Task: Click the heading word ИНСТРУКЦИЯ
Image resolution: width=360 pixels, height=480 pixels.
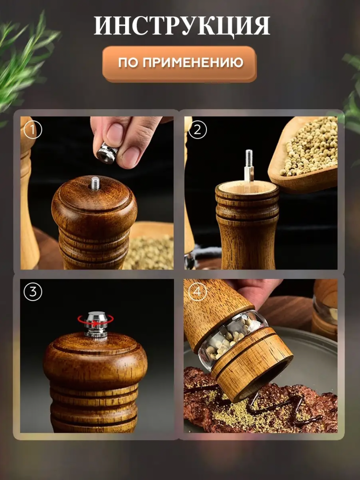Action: point(182,25)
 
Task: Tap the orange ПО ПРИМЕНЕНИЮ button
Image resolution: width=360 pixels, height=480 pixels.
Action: point(179,64)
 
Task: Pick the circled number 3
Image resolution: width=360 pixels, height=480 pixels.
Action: point(33,292)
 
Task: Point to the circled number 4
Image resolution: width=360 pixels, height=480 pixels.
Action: point(198,292)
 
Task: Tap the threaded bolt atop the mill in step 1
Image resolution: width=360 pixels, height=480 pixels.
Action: point(95,184)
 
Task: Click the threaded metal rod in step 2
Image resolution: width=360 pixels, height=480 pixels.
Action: point(249,166)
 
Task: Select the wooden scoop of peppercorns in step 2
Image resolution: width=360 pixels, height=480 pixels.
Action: point(302,154)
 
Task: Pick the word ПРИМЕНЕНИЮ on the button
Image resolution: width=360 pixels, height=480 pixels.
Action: point(193,62)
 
